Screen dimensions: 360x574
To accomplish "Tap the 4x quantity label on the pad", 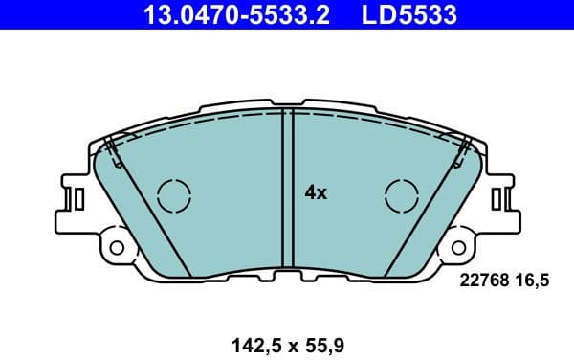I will [316, 192].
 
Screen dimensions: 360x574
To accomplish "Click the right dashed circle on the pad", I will [402, 195].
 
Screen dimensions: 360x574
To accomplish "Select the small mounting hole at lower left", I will [117, 248].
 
